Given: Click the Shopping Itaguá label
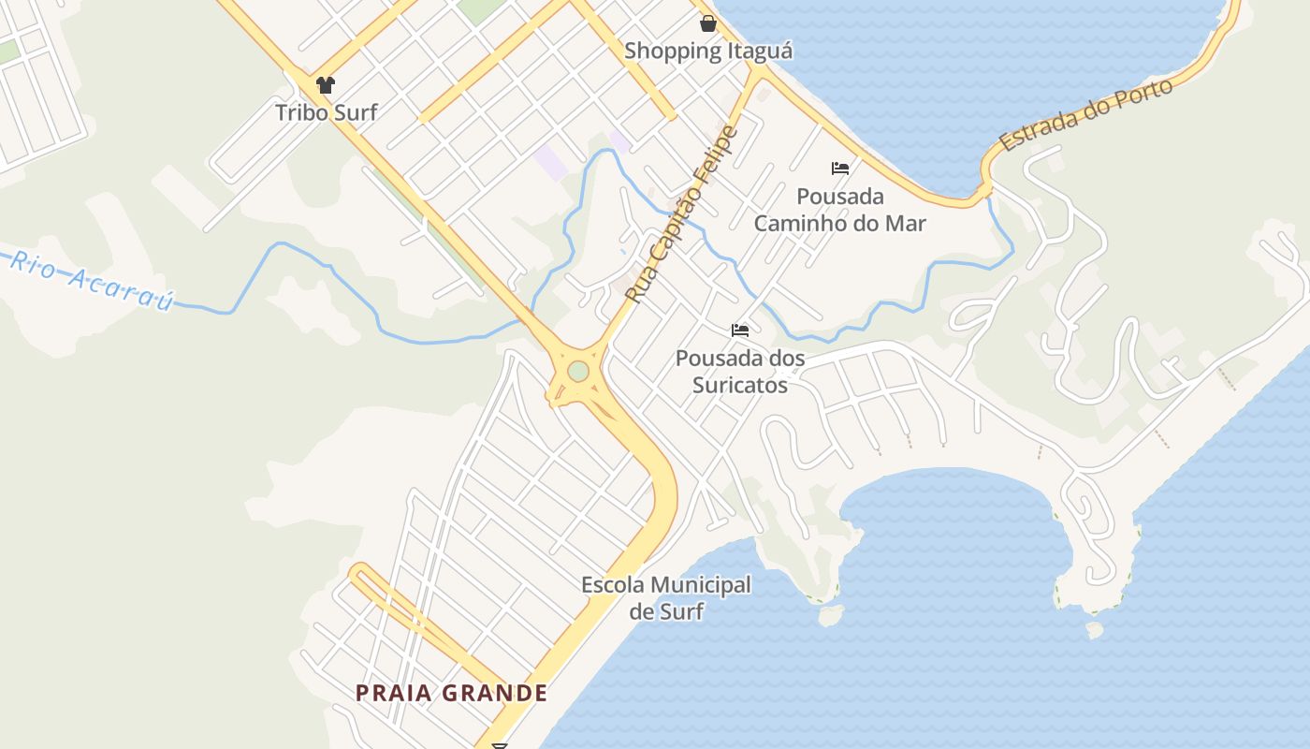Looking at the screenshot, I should [x=708, y=51].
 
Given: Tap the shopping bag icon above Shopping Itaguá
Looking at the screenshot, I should [x=708, y=22].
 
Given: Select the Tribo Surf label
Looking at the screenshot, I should [x=326, y=112].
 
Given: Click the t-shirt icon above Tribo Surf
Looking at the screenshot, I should [x=325, y=85].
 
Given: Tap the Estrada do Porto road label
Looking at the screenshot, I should [x=1085, y=116].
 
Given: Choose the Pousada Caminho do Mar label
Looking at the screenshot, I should [x=840, y=210].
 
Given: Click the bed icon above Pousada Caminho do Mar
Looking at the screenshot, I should [x=840, y=169].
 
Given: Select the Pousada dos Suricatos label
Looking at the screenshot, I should [x=740, y=371].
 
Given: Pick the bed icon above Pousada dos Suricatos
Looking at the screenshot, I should [x=740, y=330].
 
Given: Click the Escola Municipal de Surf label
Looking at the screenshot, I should [x=666, y=598].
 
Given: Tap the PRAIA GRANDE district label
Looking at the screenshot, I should [x=451, y=693].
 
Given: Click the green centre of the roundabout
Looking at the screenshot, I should [x=578, y=372].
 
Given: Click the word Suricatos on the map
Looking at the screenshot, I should [x=740, y=384].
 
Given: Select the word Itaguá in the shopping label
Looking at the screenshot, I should [x=759, y=51].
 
